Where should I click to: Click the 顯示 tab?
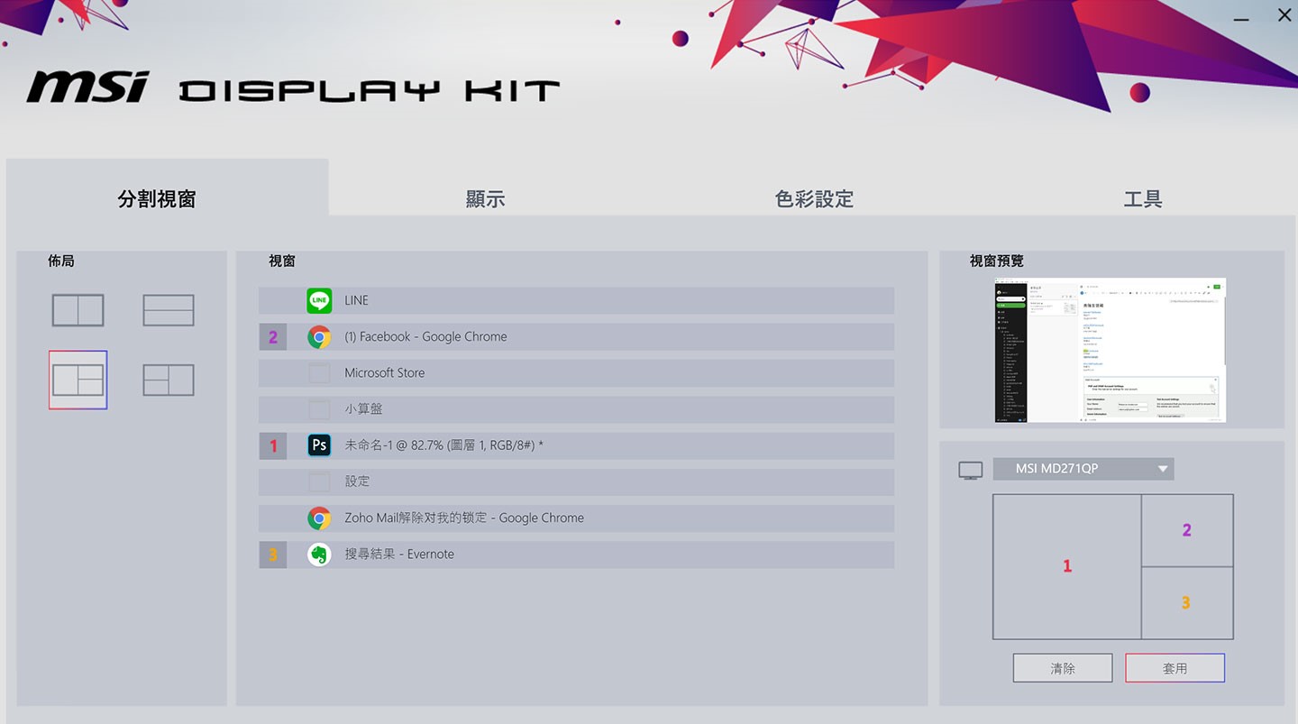[485, 199]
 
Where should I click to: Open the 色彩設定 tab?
[814, 199]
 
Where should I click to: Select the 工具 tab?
[1142, 199]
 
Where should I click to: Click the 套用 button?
[1175, 668]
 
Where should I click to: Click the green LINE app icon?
[319, 300]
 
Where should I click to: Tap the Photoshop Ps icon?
[319, 445]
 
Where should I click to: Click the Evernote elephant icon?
[319, 554]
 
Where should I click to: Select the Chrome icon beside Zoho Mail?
[319, 518]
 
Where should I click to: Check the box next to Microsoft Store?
[319, 373]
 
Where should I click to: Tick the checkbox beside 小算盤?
[319, 409]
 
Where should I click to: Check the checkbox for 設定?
[319, 481]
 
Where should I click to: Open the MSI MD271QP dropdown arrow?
[1163, 469]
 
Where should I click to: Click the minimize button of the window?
[1241, 16]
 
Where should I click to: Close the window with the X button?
[1284, 14]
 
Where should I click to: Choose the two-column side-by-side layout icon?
[78, 310]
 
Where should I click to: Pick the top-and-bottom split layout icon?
[169, 310]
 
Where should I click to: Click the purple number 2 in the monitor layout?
[1186, 530]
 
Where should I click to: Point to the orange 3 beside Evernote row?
[273, 554]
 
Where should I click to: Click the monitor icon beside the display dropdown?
[971, 470]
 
